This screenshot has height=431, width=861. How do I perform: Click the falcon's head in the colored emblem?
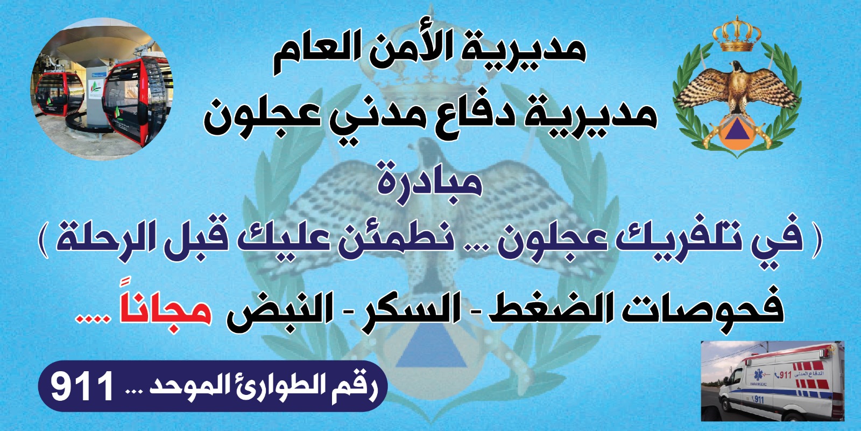click(x=737, y=67)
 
